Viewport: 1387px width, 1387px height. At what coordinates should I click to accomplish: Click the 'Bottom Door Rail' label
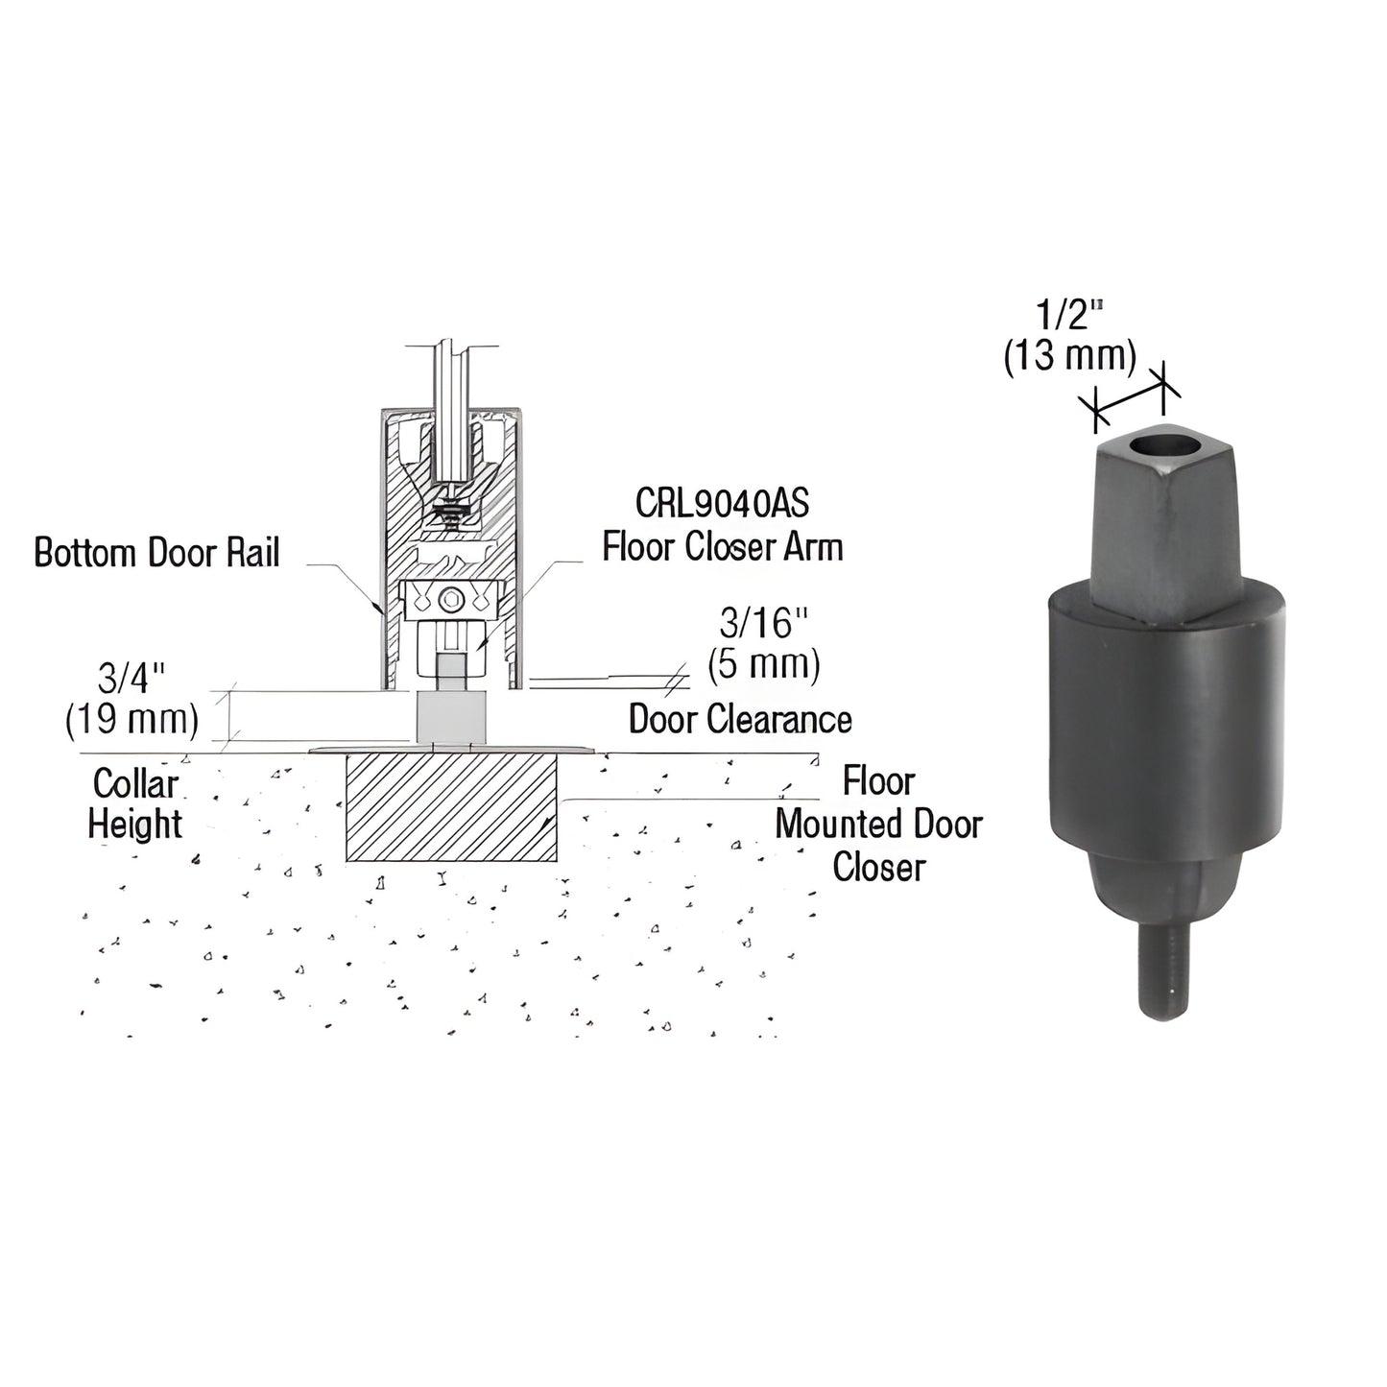click(156, 553)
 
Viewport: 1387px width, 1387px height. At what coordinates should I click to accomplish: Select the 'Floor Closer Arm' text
click(722, 546)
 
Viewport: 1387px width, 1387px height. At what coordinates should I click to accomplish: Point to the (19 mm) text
click(132, 720)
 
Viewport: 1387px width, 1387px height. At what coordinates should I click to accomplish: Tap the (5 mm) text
click(764, 665)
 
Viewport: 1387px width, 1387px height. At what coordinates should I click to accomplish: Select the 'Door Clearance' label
click(740, 719)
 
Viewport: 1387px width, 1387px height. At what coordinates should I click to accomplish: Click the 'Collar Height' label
click(135, 803)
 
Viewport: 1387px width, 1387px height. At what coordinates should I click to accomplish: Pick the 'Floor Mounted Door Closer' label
click(879, 824)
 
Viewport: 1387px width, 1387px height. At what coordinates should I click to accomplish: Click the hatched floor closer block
click(452, 806)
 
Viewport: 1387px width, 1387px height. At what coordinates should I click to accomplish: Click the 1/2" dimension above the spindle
click(1068, 316)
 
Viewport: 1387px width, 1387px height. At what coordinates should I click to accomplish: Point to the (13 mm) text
click(1069, 357)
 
